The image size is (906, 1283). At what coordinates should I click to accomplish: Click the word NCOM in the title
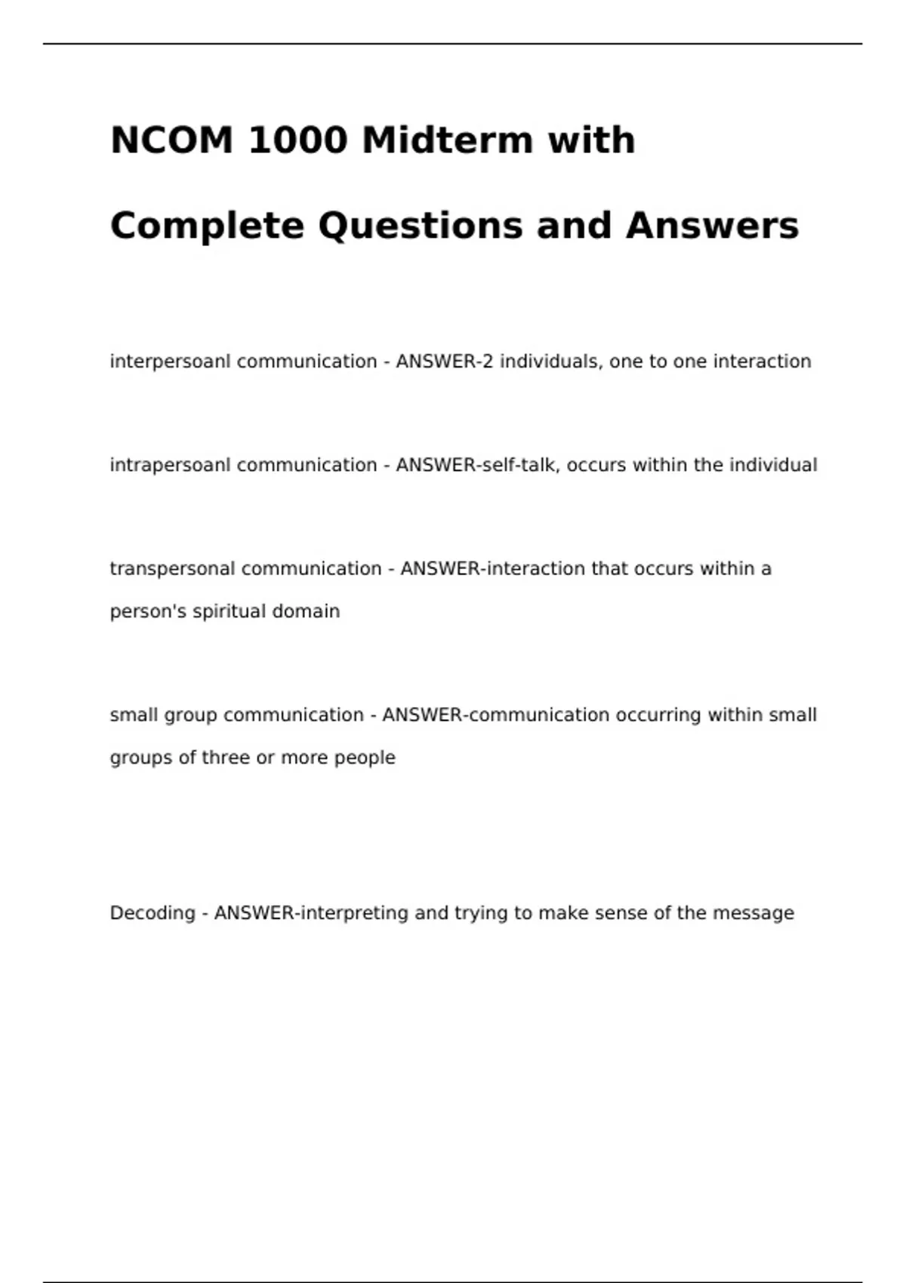tap(172, 140)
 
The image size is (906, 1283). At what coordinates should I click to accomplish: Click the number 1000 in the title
tap(297, 140)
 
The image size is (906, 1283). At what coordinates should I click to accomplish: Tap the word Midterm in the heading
tap(447, 140)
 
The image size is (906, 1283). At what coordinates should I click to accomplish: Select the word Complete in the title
tap(207, 226)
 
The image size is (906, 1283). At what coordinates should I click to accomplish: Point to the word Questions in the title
tap(421, 226)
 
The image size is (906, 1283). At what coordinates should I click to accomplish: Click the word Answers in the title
tap(712, 226)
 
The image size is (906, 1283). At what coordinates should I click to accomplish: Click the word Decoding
tap(153, 913)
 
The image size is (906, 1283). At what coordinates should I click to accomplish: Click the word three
tap(226, 758)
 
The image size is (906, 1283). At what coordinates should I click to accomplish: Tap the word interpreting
tap(355, 913)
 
